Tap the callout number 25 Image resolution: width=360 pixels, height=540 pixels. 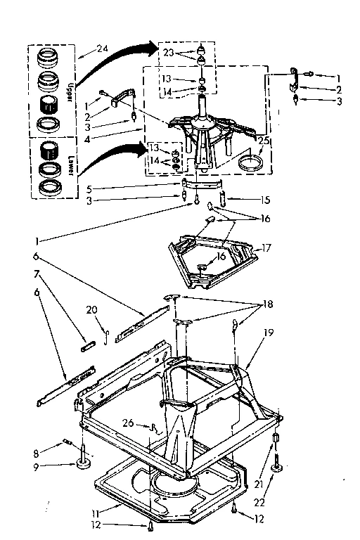click(264, 142)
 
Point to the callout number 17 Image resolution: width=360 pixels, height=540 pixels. click(266, 247)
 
